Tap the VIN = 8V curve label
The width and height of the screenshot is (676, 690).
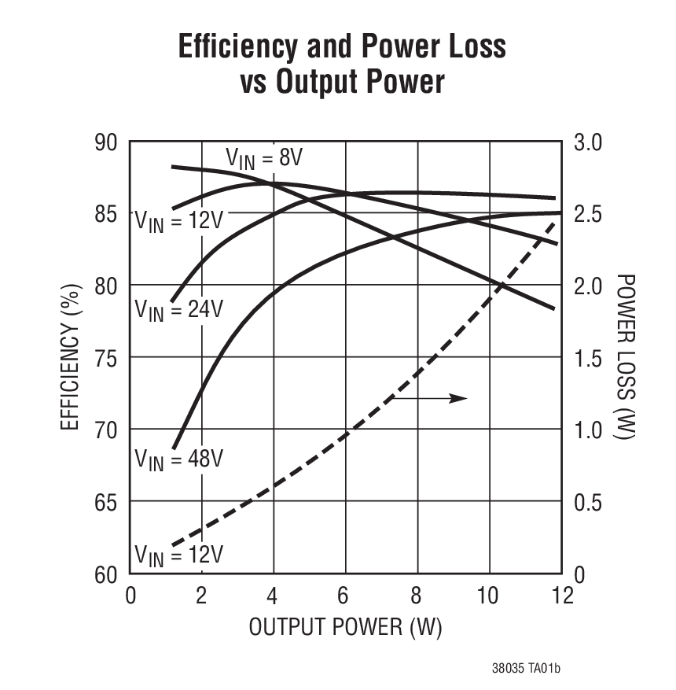(x=264, y=159)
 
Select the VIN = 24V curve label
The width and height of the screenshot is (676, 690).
(x=179, y=309)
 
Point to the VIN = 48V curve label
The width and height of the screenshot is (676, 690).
(x=179, y=459)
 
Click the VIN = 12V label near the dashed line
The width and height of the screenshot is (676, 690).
(x=179, y=554)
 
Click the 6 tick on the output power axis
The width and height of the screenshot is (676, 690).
(x=345, y=595)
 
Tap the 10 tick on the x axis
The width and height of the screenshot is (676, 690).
(x=488, y=595)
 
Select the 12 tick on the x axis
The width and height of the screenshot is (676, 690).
(x=561, y=595)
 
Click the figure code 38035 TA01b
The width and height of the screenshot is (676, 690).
(x=526, y=670)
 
